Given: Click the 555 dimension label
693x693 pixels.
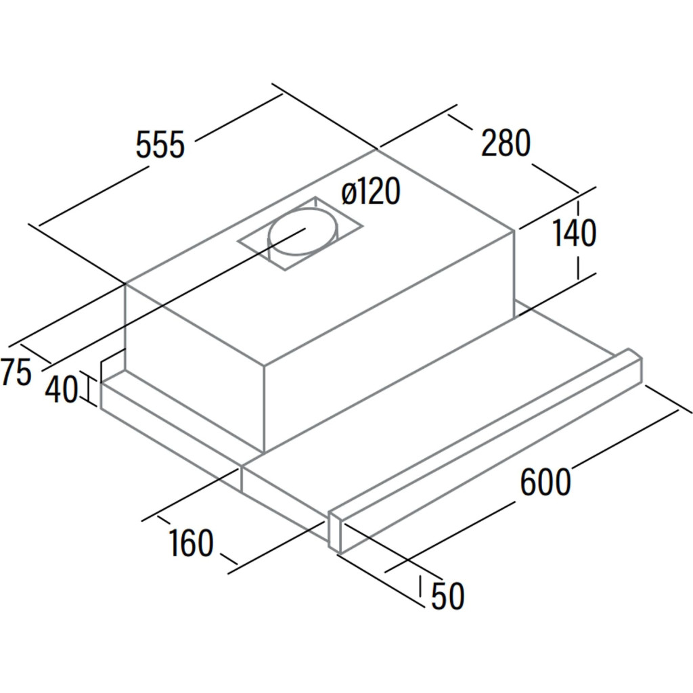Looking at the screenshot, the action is pos(160,144).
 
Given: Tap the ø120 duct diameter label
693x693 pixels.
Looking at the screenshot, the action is pos(372,191).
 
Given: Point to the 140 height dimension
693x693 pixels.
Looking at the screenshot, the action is pos(574,233).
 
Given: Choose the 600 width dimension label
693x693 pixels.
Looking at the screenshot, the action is pos(545,482).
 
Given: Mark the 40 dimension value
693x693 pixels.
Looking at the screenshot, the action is pos(62,389).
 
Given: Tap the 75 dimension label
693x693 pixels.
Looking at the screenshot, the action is pos(16,372).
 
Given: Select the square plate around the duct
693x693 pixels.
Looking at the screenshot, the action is pos(300,233).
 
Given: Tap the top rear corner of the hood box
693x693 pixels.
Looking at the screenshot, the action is pos(377,150).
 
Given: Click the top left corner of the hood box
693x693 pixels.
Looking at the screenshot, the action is pos(126,284).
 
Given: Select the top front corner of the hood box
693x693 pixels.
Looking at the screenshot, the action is pos(264,365).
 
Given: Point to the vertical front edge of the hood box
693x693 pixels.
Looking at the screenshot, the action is pos(264,409).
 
